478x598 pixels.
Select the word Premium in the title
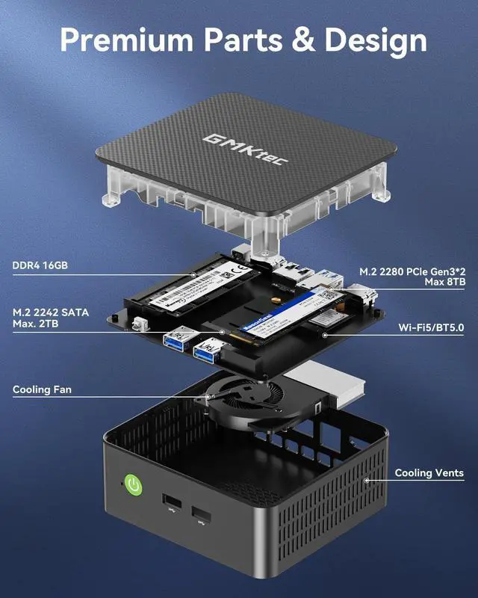pos(131,39)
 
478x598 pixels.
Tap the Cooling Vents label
pos(429,472)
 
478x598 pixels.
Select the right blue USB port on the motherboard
pos(208,350)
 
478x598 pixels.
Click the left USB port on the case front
pos(171,501)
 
